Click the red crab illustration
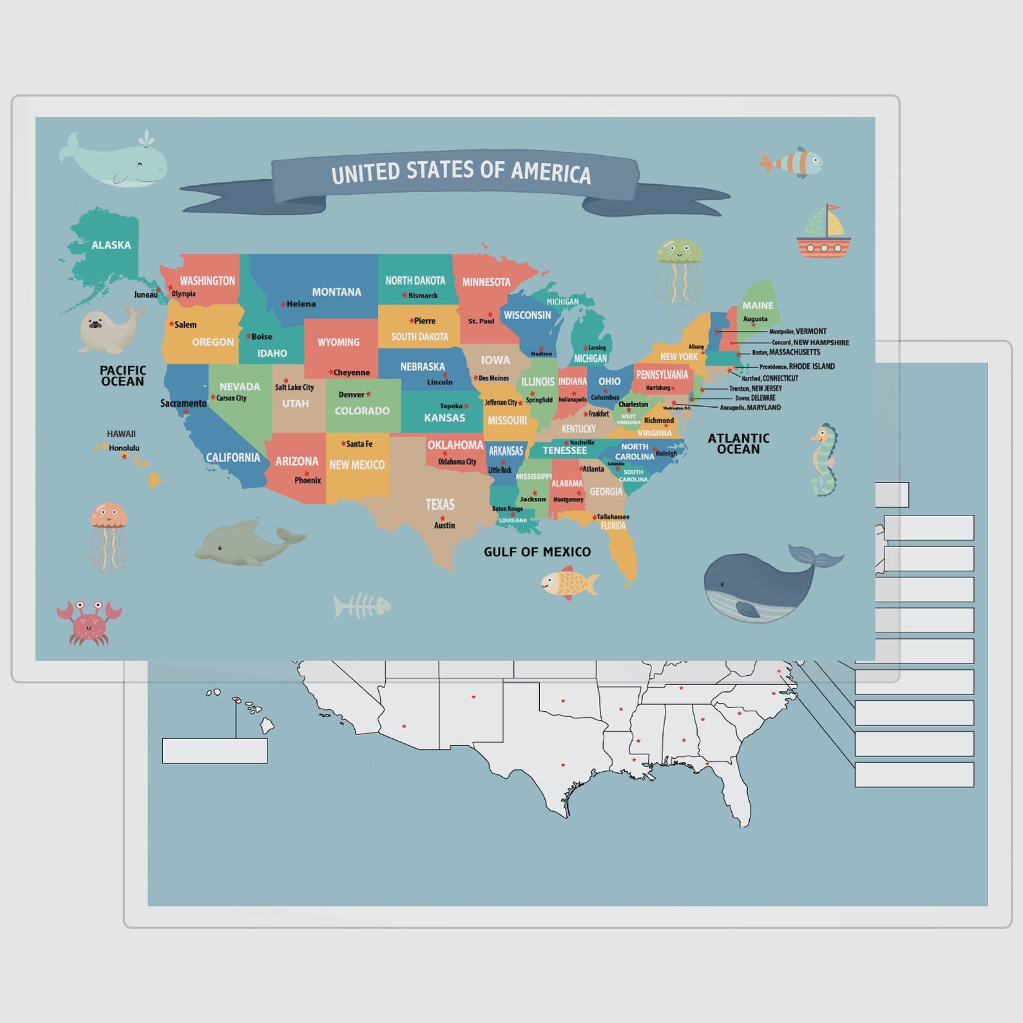tap(89, 622)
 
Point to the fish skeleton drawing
tap(362, 606)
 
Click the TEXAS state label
tap(440, 504)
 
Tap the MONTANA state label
tap(336, 292)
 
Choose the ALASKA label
tap(111, 245)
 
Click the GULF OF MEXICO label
tap(537, 552)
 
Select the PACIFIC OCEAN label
tap(122, 376)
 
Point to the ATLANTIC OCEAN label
tap(738, 443)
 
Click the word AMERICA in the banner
tap(551, 172)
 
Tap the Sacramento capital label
tap(183, 403)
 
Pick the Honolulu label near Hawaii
tap(124, 448)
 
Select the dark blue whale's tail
tap(815, 555)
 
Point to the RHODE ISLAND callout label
tap(811, 367)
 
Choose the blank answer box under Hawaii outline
tap(215, 751)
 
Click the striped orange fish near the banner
tap(793, 162)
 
